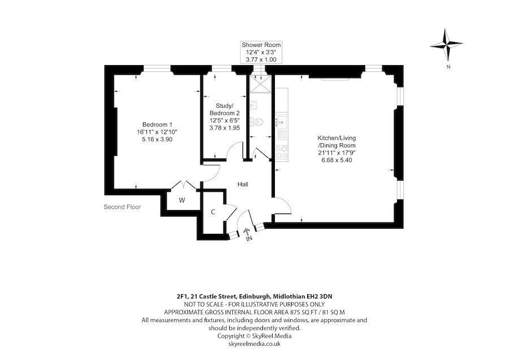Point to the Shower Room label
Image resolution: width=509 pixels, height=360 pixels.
click(x=261, y=45)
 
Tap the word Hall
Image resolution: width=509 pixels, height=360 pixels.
click(x=243, y=185)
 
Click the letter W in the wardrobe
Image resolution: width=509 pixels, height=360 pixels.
click(x=182, y=200)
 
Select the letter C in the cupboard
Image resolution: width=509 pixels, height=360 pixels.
click(x=213, y=212)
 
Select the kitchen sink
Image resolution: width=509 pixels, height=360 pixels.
click(x=281, y=121)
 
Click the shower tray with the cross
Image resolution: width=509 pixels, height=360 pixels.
click(x=261, y=85)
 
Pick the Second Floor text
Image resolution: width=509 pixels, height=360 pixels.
click(x=122, y=207)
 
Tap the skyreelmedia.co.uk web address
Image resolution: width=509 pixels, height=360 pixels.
click(x=254, y=344)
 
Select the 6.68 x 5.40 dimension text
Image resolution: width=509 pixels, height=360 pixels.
click(x=337, y=160)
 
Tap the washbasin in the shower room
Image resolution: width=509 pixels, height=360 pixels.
click(x=254, y=105)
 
